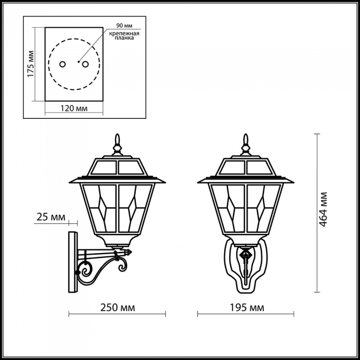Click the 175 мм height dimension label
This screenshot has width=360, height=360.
[x=30, y=64]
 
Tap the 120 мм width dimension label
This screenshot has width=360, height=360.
[x=74, y=108]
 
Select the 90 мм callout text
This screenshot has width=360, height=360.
[x=124, y=26]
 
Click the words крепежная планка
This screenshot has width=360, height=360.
[x=124, y=35]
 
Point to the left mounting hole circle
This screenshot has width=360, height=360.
[x=62, y=64]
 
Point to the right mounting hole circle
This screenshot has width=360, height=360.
[x=85, y=64]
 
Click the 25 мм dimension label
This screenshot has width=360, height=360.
[x=51, y=217]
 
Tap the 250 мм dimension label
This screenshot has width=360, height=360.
[x=118, y=308]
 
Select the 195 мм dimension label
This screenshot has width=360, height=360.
[x=247, y=308]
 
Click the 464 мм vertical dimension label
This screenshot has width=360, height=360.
[x=323, y=209]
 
